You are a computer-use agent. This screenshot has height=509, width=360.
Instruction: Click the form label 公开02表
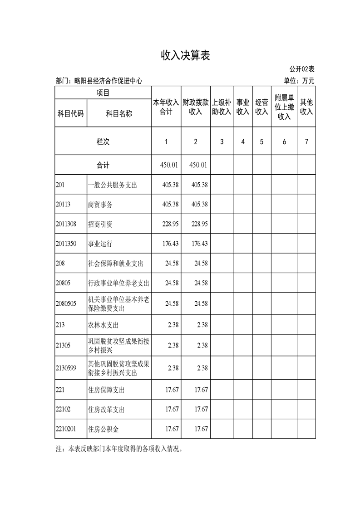coord(302,69)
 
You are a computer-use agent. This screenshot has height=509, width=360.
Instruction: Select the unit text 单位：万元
coord(299,81)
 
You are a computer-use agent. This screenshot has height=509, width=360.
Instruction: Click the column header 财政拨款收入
coord(195,107)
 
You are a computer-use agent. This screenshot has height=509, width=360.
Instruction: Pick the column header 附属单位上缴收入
coord(284,107)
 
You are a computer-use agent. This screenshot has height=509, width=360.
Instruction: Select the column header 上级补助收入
coord(222,107)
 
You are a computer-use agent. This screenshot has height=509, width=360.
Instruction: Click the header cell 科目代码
coord(70,114)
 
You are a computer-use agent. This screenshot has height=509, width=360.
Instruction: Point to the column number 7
coord(306,142)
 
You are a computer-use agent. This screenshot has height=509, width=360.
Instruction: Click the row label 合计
coord(103,165)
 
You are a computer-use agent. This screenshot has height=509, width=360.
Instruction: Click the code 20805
coord(63,283)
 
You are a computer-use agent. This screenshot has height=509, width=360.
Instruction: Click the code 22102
coord(63,409)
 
